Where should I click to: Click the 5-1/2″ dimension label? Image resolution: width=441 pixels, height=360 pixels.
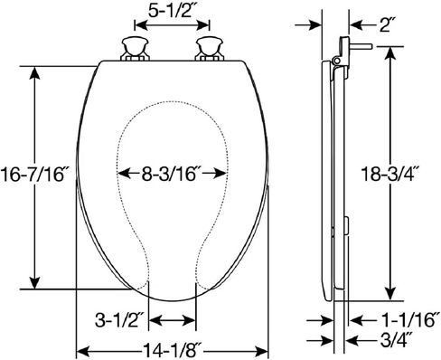[x=170, y=11]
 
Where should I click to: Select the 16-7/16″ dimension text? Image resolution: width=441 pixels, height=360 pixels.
[x=33, y=175]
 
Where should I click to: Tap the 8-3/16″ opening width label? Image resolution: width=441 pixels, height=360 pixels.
[x=170, y=174]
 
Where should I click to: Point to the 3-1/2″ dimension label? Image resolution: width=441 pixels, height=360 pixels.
[x=118, y=320]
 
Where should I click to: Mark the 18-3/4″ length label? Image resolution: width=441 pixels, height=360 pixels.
[x=389, y=174]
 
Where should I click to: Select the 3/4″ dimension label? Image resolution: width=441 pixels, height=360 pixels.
[x=396, y=340]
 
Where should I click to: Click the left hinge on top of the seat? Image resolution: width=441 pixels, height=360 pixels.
[x=135, y=49]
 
